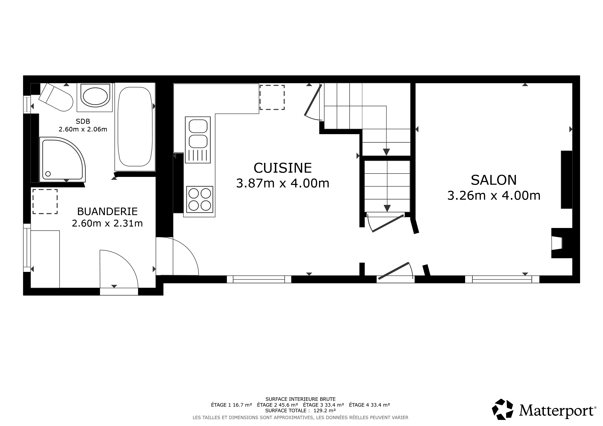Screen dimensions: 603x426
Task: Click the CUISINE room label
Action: pyautogui.click(x=283, y=168)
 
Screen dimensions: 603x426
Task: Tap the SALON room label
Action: pyautogui.click(x=494, y=180)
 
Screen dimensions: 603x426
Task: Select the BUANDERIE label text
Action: pyautogui.click(x=107, y=211)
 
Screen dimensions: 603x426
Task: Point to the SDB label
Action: pyautogui.click(x=83, y=121)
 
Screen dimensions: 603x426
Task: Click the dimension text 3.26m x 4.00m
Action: pyautogui.click(x=494, y=196)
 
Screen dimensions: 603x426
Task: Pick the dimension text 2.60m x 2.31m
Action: pyautogui.click(x=107, y=223)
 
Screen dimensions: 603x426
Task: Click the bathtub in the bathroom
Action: pyautogui.click(x=135, y=127)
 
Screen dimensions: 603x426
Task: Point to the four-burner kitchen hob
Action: pyautogui.click(x=200, y=199)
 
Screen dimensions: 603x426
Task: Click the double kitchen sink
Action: pyautogui.click(x=198, y=140)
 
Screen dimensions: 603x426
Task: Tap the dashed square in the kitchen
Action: pyautogui.click(x=272, y=97)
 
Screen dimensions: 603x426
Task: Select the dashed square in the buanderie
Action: pyautogui.click(x=45, y=202)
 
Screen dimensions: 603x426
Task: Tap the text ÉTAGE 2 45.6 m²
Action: pyautogui.click(x=277, y=405)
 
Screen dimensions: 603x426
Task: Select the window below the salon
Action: pyautogui.click(x=502, y=279)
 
